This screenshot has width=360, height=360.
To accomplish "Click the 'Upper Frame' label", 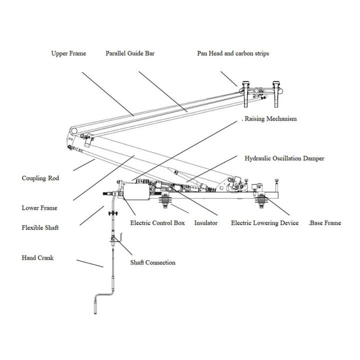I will (x=68, y=53).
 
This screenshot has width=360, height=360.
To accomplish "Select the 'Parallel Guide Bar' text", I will (x=130, y=53).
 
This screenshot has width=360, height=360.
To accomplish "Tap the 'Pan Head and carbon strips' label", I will (x=233, y=53).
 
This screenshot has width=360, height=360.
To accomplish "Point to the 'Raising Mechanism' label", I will (x=270, y=119).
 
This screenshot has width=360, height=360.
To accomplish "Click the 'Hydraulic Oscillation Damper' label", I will (x=284, y=158).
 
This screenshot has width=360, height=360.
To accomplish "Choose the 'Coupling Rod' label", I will (x=40, y=178).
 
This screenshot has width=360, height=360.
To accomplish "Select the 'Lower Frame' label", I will (x=39, y=208).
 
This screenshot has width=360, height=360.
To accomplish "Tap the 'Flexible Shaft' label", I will (x=40, y=228).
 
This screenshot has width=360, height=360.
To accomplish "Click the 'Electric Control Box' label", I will (x=157, y=223).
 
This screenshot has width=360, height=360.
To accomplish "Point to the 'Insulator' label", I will (x=205, y=223).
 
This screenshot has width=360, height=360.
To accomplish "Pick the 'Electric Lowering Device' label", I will (x=264, y=223).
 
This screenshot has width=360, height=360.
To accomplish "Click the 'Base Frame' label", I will (x=325, y=223).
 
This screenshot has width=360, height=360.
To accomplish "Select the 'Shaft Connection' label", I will (x=152, y=262).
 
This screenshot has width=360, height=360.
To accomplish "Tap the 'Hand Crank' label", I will (x=37, y=258).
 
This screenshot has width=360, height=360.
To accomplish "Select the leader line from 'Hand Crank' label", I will (x=90, y=263).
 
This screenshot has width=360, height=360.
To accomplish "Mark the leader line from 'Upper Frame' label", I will (x=107, y=93).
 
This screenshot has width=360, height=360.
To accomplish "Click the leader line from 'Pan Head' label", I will (x=229, y=79).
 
